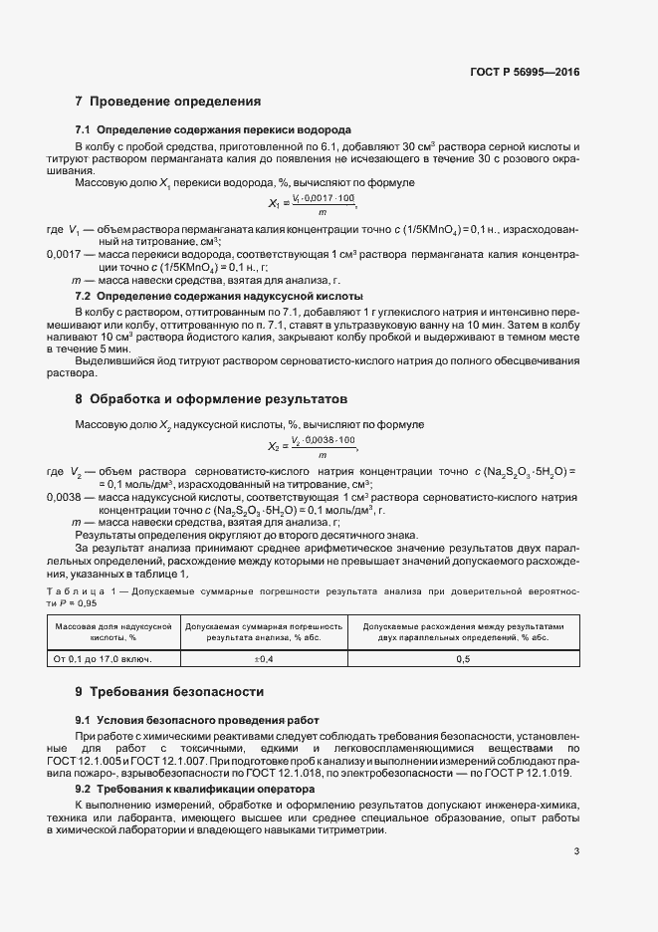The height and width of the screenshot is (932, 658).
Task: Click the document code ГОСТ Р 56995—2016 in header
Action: click(526, 72)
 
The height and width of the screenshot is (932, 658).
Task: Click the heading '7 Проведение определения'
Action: click(168, 102)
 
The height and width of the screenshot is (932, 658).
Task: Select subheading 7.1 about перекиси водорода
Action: click(212, 131)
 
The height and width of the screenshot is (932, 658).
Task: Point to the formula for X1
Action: click(313, 205)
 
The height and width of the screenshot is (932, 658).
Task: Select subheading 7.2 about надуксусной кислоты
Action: click(219, 297)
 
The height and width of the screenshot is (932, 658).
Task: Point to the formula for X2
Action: click(313, 445)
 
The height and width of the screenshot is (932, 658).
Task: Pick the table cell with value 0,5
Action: click(463, 659)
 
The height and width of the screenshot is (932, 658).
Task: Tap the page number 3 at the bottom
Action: click(576, 851)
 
